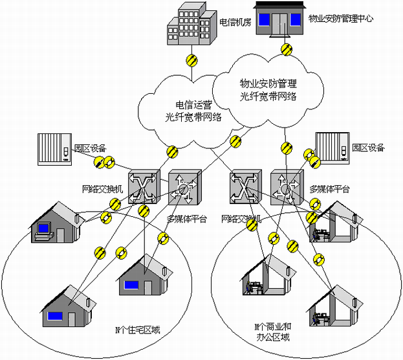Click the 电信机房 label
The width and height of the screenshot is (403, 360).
click(234, 22)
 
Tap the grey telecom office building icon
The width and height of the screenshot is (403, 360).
click(190, 27)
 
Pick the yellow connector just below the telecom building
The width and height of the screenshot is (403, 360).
click(191, 61)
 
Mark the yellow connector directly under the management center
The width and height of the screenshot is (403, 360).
click(285, 49)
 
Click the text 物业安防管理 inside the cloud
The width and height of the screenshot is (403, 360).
click(268, 84)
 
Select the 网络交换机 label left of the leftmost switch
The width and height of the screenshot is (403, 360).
click(102, 188)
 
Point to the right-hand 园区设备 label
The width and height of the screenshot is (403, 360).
click(368, 148)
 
